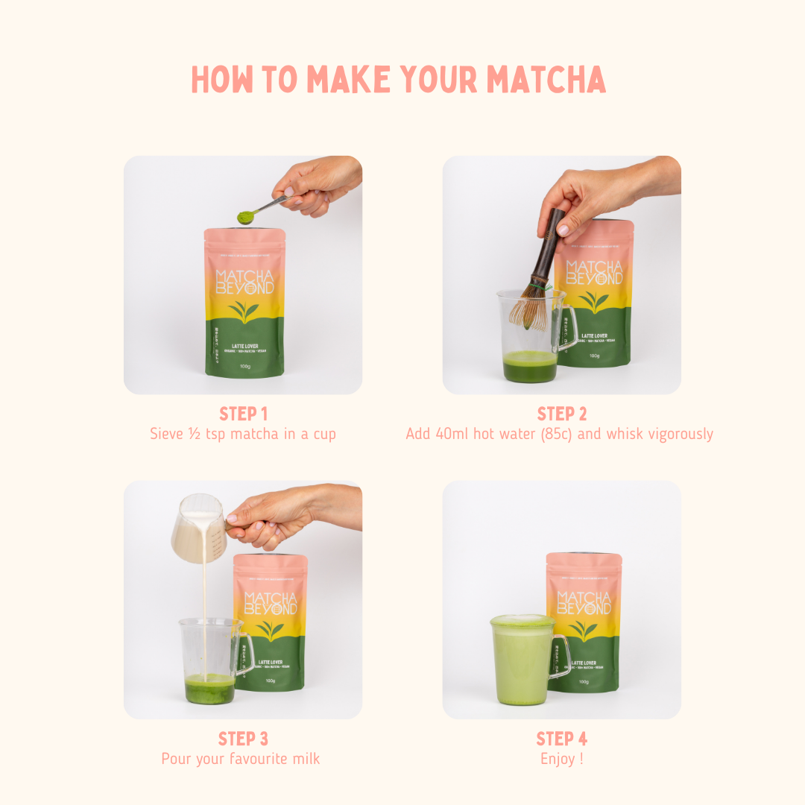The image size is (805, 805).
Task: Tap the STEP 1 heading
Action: point(243,414)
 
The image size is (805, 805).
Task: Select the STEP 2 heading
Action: point(561,414)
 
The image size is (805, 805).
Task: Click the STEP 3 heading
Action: point(243,739)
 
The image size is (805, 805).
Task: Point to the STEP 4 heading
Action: point(561,739)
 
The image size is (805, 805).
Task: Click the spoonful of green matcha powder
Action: point(245,216)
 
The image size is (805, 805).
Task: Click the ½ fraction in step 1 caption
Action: point(189,434)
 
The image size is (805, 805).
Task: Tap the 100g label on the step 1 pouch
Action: point(244,366)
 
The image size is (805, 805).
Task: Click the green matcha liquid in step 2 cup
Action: point(530,368)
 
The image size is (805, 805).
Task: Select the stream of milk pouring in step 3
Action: point(201,611)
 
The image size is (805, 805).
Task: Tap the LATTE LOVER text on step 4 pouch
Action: point(583,662)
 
